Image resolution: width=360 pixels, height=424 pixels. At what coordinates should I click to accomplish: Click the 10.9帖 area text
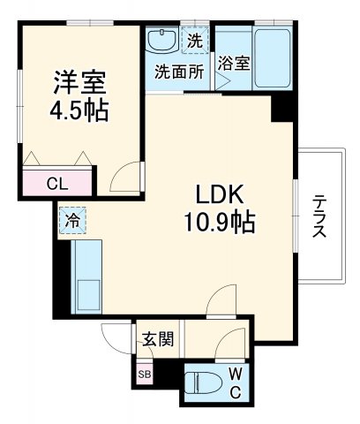click(221, 222)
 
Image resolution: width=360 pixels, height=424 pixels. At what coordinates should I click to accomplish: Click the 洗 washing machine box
click(194, 40)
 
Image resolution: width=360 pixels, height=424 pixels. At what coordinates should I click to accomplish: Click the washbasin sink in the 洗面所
click(162, 41)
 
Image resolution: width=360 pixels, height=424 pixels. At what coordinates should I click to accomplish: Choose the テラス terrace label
click(319, 216)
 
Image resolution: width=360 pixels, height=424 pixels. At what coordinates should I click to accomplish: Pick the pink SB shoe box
click(143, 374)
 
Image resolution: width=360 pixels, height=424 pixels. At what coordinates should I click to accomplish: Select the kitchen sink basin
click(86, 292)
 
